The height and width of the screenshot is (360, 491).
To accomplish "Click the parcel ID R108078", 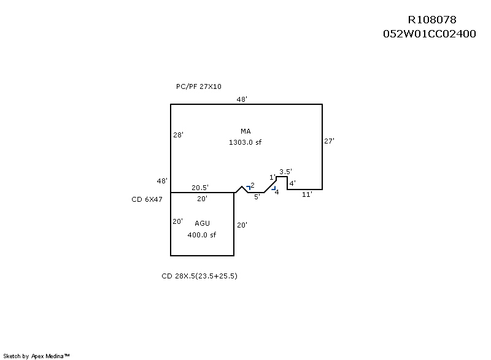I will pyautogui.click(x=432, y=20).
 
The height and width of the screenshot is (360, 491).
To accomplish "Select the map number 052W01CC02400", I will pyautogui.click(x=429, y=34).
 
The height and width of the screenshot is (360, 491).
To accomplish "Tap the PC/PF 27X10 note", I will pyautogui.click(x=199, y=87).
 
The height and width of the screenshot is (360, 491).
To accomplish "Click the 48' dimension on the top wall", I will pyautogui.click(x=242, y=99).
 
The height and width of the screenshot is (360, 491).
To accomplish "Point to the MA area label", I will pyautogui.click(x=246, y=131).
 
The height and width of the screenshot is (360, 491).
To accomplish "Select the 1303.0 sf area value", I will pyautogui.click(x=245, y=142).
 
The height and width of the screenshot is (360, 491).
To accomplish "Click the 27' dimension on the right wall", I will pyautogui.click(x=329, y=141).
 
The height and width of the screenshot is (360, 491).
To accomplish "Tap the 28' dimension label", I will pyautogui.click(x=178, y=135).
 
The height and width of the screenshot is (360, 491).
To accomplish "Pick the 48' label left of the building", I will pyautogui.click(x=162, y=181).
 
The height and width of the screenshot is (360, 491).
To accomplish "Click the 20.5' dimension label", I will pyautogui.click(x=200, y=188).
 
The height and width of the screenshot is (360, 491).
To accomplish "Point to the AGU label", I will pyautogui.click(x=202, y=223).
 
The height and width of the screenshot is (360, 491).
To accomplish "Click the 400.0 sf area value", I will pyautogui.click(x=202, y=235).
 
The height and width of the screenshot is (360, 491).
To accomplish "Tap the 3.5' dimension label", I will pyautogui.click(x=285, y=172).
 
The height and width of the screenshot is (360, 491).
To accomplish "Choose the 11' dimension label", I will pyautogui.click(x=307, y=194).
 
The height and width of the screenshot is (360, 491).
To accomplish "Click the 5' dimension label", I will pyautogui.click(x=257, y=197).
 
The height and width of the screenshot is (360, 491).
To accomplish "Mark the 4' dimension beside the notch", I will pyautogui.click(x=293, y=183).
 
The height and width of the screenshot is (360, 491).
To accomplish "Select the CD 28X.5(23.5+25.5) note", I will pyautogui.click(x=199, y=276).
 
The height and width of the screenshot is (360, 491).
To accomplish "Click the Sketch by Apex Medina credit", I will pyautogui.click(x=37, y=356).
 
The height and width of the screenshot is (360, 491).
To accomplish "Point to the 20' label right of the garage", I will pyautogui.click(x=242, y=225).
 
